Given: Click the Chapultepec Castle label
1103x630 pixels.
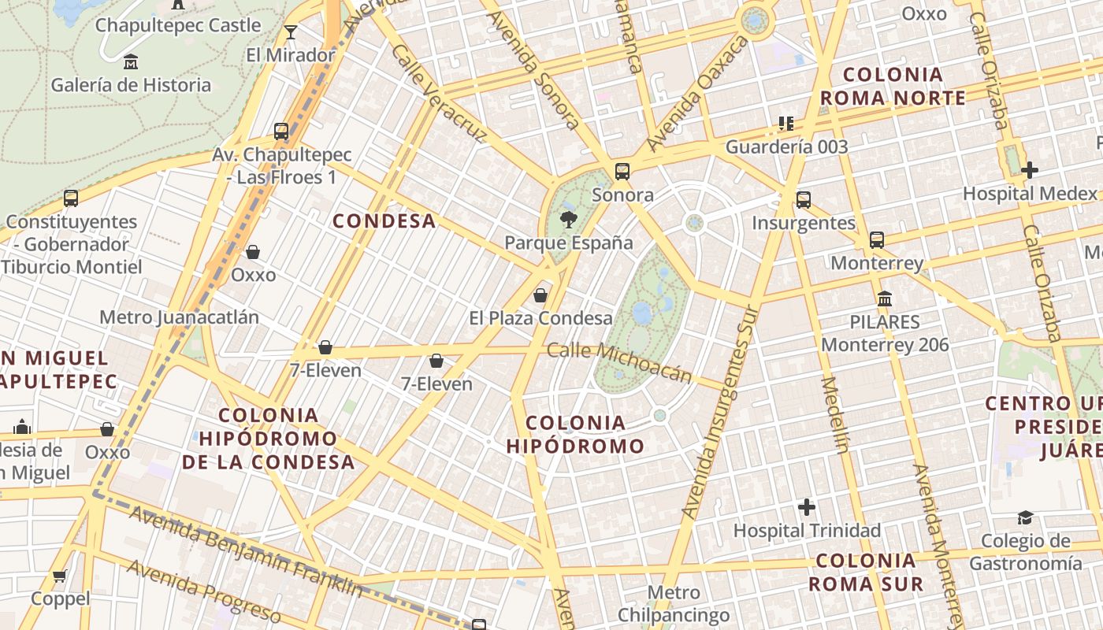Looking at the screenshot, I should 177,25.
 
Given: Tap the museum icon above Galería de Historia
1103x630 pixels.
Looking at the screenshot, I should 131,61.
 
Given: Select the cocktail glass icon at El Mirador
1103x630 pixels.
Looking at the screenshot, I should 291,32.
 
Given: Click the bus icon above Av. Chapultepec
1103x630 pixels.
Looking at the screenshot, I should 281,131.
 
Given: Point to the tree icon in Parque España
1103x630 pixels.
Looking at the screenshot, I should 567,220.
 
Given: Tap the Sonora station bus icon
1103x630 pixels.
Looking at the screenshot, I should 622,171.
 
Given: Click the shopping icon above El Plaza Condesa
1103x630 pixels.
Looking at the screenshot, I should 540,295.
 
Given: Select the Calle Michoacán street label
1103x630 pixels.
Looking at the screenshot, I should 619,364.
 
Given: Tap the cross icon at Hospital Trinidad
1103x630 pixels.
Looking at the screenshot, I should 807,507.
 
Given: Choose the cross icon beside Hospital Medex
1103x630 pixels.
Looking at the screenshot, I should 1029,170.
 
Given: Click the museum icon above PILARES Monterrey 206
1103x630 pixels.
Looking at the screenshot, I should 885,299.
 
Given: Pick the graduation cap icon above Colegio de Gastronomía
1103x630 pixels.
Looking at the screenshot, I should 1025,517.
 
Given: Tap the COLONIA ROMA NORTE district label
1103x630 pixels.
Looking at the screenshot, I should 893,87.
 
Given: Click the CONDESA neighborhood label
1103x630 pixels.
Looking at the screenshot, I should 384,221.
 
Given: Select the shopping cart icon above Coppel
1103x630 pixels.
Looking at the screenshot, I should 60,576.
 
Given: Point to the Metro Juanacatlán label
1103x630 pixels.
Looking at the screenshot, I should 179,317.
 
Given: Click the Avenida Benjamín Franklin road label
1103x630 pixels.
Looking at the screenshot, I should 246,551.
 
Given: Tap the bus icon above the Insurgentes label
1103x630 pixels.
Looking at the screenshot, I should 803,199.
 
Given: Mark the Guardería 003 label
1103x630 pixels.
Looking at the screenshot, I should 786,146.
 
